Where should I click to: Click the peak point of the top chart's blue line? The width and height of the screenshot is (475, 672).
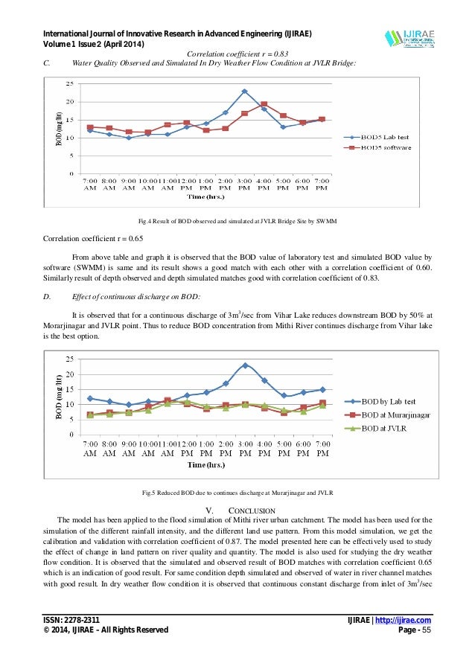244,92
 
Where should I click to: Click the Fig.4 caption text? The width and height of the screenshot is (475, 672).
238,222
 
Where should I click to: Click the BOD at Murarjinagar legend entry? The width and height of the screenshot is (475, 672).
395,415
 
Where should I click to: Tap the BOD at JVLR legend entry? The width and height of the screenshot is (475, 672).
383,428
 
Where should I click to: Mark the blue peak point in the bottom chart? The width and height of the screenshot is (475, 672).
245,365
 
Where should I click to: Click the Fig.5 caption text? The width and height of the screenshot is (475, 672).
238,493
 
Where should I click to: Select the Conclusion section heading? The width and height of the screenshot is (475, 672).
237,510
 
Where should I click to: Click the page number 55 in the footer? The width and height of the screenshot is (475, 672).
427,630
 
